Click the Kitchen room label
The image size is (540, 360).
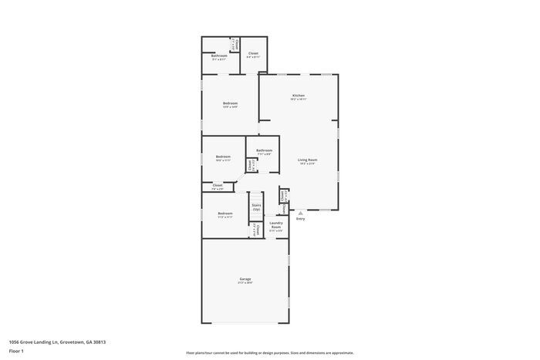coord(298,96)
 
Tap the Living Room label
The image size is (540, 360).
coord(308,160)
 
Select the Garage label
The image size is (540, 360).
coord(245,279)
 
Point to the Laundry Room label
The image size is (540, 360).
coord(275,224)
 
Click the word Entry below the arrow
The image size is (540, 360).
coord(300,219)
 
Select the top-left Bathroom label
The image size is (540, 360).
coord(219,56)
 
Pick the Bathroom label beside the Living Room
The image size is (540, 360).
coord(264,150)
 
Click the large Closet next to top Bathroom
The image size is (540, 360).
coord(253,53)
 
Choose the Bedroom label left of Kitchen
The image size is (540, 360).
coord(230,103)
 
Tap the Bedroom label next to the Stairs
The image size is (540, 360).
coord(224,214)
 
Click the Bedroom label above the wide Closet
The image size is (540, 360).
coord(223,156)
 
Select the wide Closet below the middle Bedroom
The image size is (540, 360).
coord(218,185)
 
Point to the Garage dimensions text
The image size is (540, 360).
coord(245,283)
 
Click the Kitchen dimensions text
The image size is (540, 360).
coord(298,99)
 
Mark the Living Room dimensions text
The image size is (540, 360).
coord(308,163)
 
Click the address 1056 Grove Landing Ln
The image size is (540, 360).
coord(57,341)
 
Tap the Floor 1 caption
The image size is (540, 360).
coord(16,351)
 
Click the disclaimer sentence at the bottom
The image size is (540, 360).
coord(269,352)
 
